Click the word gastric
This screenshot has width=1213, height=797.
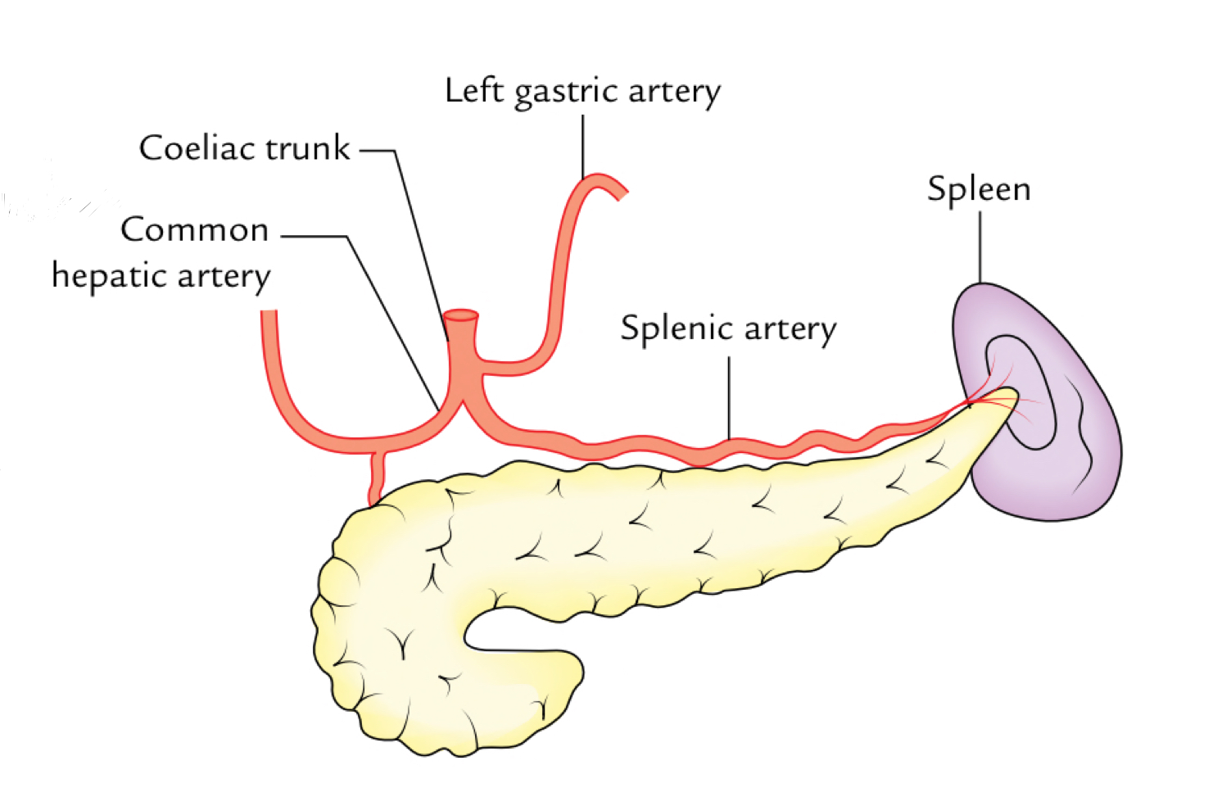565,93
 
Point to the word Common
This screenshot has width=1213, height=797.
194,230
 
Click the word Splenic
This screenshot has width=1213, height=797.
677,328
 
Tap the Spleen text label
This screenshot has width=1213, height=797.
978,190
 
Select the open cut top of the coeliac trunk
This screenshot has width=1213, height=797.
460,315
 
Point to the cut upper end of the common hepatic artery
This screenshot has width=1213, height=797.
269,315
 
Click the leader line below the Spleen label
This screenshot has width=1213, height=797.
980,246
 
